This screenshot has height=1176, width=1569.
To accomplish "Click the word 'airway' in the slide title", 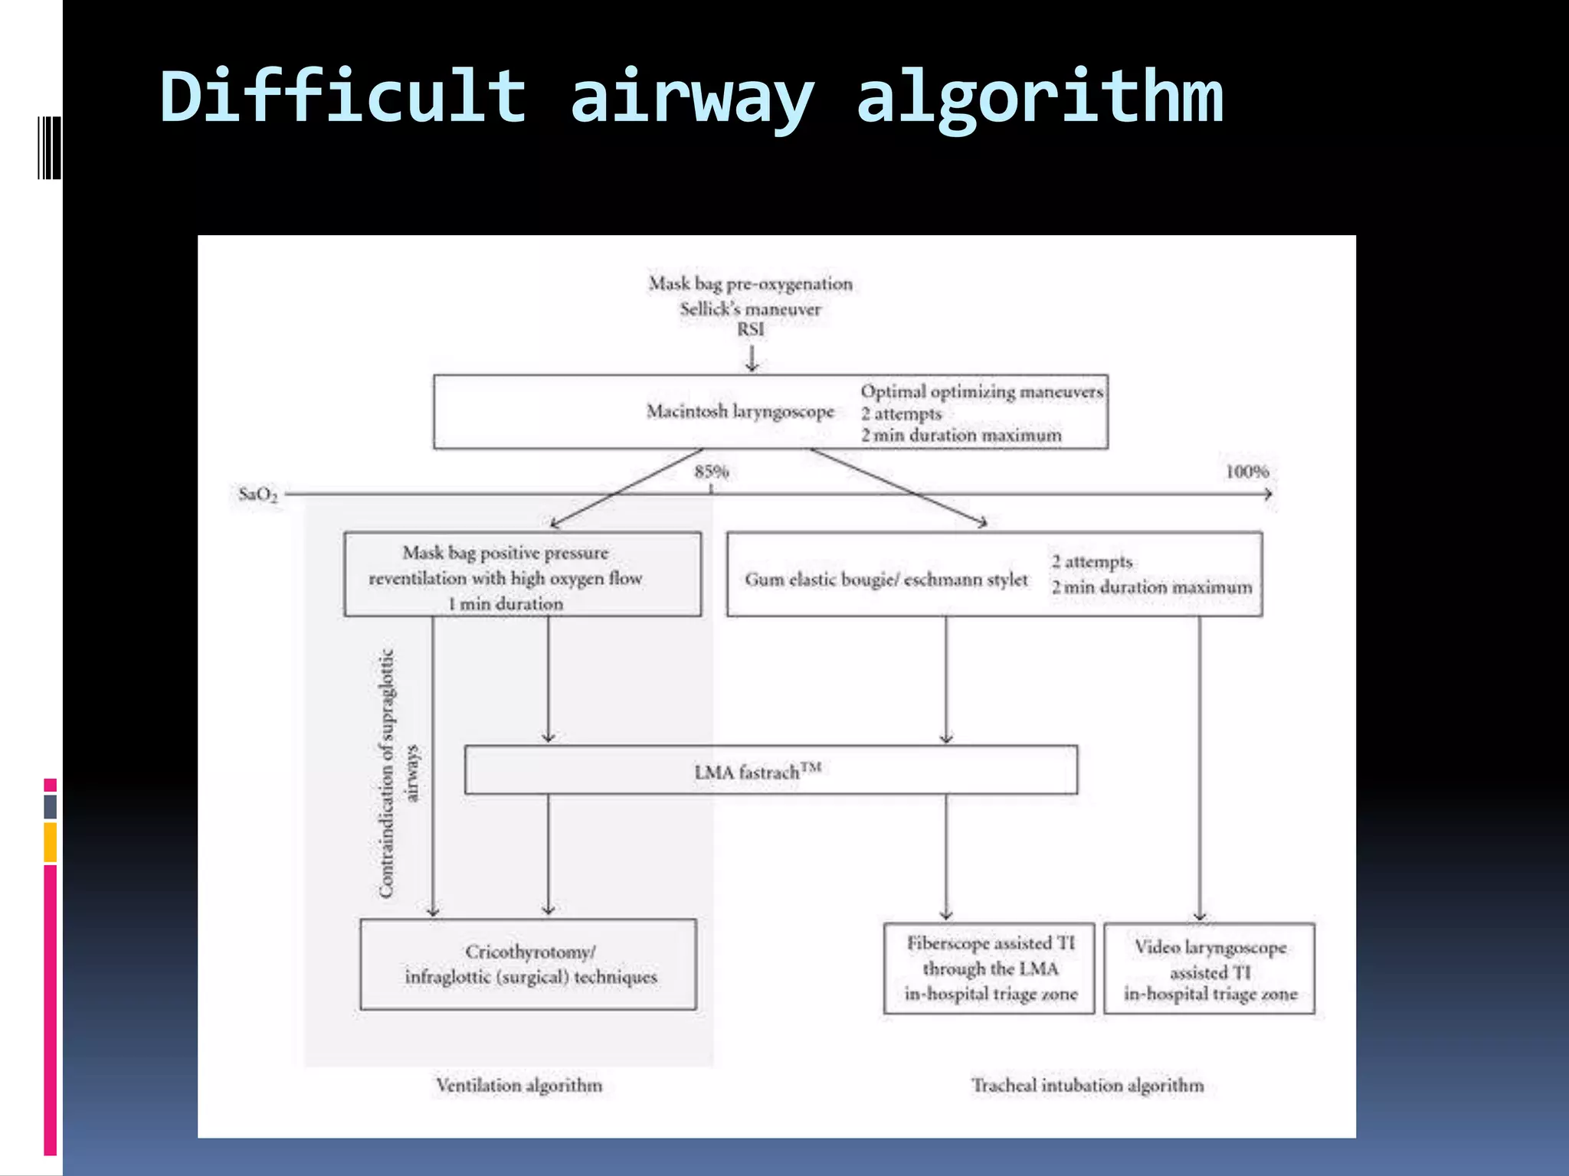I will pos(692,97).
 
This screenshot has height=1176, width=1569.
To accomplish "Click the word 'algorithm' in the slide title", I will pos(1039,97).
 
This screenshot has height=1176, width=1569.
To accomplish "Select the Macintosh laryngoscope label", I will pos(740,412).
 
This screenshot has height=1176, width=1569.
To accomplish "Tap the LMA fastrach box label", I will pos(758,771).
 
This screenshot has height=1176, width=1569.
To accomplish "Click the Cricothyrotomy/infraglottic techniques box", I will pos(529,965).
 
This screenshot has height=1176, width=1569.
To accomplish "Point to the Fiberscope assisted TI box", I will pos(989,969).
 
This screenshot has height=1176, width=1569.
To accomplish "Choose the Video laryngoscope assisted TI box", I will pos(1210,969).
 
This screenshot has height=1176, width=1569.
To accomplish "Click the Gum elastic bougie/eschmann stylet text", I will pos(886,580).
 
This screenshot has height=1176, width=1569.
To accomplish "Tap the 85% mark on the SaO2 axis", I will pos(711,472).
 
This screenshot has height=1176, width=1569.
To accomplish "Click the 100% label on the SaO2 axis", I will pos(1246,472).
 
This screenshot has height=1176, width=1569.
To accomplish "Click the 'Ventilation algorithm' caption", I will pos(519,1085).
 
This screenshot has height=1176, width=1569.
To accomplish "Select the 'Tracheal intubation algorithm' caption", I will pos(1087,1085).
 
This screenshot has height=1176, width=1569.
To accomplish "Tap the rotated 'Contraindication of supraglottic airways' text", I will pos(398,773).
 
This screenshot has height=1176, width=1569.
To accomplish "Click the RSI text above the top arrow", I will pos(751,329).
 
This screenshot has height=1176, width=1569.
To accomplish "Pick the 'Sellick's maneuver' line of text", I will pos(750,309).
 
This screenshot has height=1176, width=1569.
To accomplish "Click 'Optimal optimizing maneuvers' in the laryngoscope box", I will pos(981,391).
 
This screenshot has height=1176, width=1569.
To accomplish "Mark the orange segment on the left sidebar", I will pos(51,842).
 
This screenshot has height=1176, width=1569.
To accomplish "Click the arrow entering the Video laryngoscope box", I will pos(1200,911).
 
